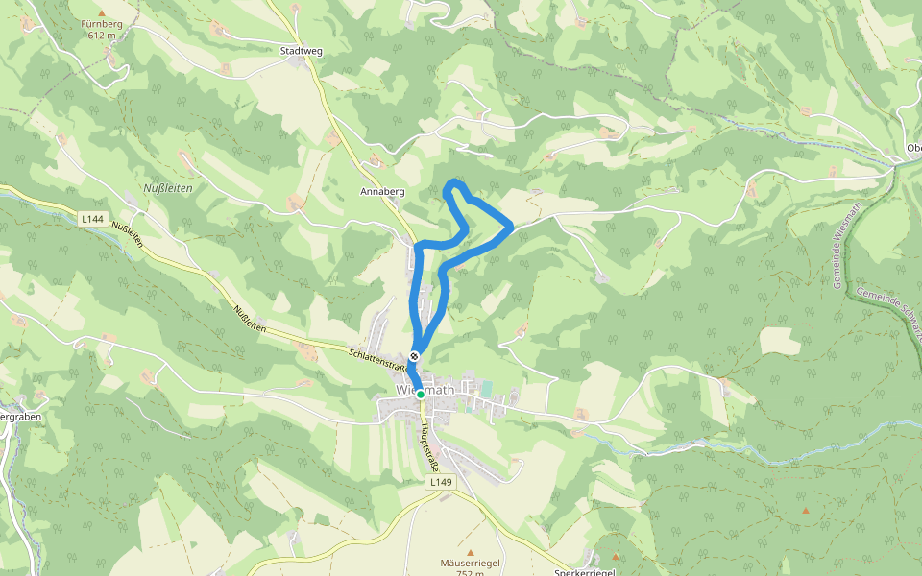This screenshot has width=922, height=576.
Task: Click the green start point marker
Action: (421, 394)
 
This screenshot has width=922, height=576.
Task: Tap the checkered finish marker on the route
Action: (414, 356)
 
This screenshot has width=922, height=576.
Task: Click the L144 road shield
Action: (92, 220)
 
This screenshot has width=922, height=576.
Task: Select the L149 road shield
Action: (440, 481)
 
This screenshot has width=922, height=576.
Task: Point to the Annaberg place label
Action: (382, 192)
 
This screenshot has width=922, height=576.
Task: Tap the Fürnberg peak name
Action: (102, 24)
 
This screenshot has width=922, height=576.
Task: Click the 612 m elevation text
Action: (102, 36)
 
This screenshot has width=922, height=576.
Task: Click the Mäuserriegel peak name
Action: (470, 563)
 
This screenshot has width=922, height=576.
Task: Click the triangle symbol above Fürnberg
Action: (102, 12)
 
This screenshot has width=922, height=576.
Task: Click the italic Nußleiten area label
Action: (167, 188)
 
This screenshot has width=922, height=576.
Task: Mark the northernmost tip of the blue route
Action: (456, 181)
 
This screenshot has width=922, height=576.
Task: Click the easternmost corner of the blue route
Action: (510, 227)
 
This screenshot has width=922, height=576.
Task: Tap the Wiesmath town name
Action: (425, 390)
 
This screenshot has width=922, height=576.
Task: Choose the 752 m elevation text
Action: (470, 573)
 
